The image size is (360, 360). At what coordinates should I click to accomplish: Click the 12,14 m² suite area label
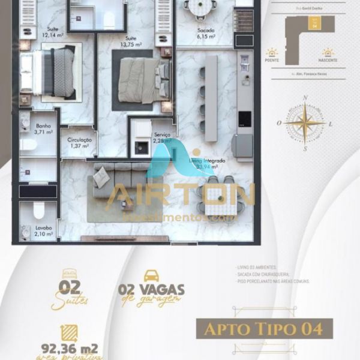(x=53, y=32)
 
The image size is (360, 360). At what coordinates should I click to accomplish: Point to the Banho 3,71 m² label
(x=43, y=129)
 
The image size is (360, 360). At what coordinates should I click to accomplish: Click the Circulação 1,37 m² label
(x=79, y=143)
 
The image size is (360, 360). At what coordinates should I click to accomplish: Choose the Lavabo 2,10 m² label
(x=43, y=231)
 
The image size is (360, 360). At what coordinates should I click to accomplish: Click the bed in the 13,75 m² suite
(x=141, y=81)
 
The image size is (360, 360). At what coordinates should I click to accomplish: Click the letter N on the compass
(x=306, y=98)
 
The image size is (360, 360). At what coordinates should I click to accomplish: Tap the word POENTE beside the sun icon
(x=272, y=61)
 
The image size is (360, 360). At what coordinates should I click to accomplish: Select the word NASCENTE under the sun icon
(x=327, y=61)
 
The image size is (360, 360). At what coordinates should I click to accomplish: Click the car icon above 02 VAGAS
(x=151, y=277)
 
